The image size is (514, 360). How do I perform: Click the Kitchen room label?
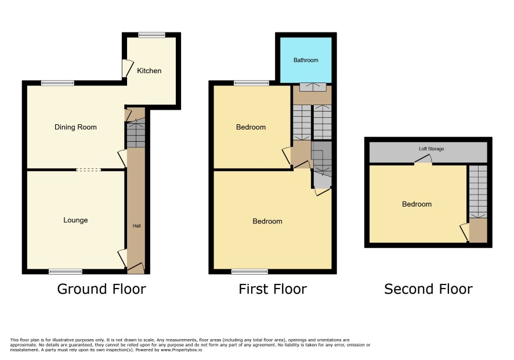(x=149, y=71)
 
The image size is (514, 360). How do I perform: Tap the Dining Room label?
(x=75, y=127)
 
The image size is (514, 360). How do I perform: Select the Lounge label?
(x=75, y=220)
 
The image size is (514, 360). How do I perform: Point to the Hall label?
(x=137, y=226)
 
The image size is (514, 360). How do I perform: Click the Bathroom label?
(x=306, y=60)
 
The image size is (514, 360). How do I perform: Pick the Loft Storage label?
(x=432, y=149)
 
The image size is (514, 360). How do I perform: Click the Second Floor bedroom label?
(x=417, y=204)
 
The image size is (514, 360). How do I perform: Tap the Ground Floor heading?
(x=102, y=289)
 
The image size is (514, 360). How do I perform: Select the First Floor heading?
(x=273, y=289)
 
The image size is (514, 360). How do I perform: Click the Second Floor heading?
(x=428, y=289)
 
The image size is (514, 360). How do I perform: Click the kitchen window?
(x=151, y=35)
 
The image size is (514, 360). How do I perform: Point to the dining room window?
(x=57, y=83)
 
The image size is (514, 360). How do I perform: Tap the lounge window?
(x=66, y=271)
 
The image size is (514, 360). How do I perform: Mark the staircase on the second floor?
(x=478, y=192)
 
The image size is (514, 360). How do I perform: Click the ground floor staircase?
(x=136, y=135)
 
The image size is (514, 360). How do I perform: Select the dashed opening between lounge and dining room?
(x=89, y=170)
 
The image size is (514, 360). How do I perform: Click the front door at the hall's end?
(x=136, y=268)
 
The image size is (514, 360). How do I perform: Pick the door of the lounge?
(x=122, y=258)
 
